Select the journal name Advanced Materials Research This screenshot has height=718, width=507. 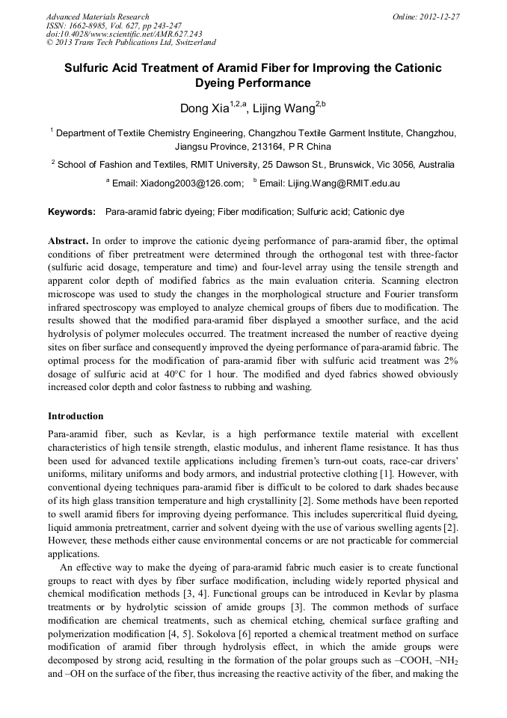point(97,16)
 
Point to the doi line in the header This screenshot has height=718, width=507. point(123,34)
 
